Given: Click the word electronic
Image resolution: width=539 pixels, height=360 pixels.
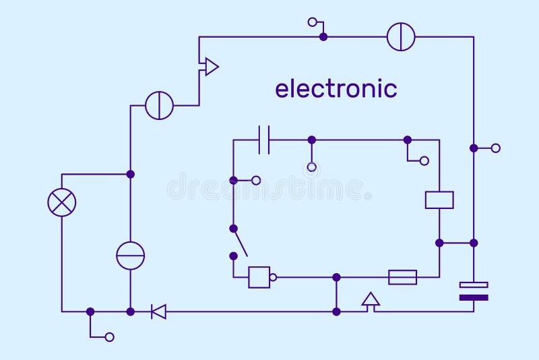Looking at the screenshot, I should [x=336, y=88].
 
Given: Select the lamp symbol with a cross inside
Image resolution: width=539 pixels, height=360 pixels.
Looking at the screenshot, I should [x=62, y=202].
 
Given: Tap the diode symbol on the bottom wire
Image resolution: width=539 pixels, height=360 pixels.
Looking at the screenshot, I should [x=159, y=311].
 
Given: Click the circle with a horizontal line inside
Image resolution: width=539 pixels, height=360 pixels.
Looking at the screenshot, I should [x=130, y=256].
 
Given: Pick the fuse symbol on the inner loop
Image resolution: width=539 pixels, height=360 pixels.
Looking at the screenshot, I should [x=403, y=277].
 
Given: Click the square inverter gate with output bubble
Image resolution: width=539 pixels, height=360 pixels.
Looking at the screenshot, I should [x=259, y=277].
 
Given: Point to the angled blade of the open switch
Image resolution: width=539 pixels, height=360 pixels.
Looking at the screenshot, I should [x=240, y=242].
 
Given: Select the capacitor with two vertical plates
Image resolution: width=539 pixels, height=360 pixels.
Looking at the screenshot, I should [x=264, y=140].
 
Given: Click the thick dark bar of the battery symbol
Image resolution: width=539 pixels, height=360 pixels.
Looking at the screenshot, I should [x=474, y=297].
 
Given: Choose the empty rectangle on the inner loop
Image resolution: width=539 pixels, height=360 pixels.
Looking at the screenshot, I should [x=439, y=200].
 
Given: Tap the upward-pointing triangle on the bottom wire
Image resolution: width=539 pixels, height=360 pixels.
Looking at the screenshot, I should [x=370, y=300].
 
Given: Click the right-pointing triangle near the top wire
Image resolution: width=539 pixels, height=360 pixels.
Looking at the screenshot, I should [x=211, y=67].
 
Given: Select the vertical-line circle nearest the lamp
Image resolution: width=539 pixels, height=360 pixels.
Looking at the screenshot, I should [x=159, y=105].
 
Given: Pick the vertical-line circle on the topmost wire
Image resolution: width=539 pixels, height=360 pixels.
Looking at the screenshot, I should [x=401, y=36].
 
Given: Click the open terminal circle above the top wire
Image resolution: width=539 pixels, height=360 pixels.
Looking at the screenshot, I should [x=312, y=22].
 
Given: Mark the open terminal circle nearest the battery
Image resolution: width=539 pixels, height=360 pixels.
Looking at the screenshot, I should [x=496, y=148].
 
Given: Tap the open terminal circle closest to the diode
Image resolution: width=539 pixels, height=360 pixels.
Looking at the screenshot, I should [x=110, y=336].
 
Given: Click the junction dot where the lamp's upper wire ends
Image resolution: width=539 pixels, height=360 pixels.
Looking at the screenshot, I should [x=130, y=174].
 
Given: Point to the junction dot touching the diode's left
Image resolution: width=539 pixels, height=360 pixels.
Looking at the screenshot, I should [x=130, y=311].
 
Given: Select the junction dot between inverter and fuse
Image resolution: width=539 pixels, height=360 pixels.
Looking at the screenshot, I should [x=336, y=277].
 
